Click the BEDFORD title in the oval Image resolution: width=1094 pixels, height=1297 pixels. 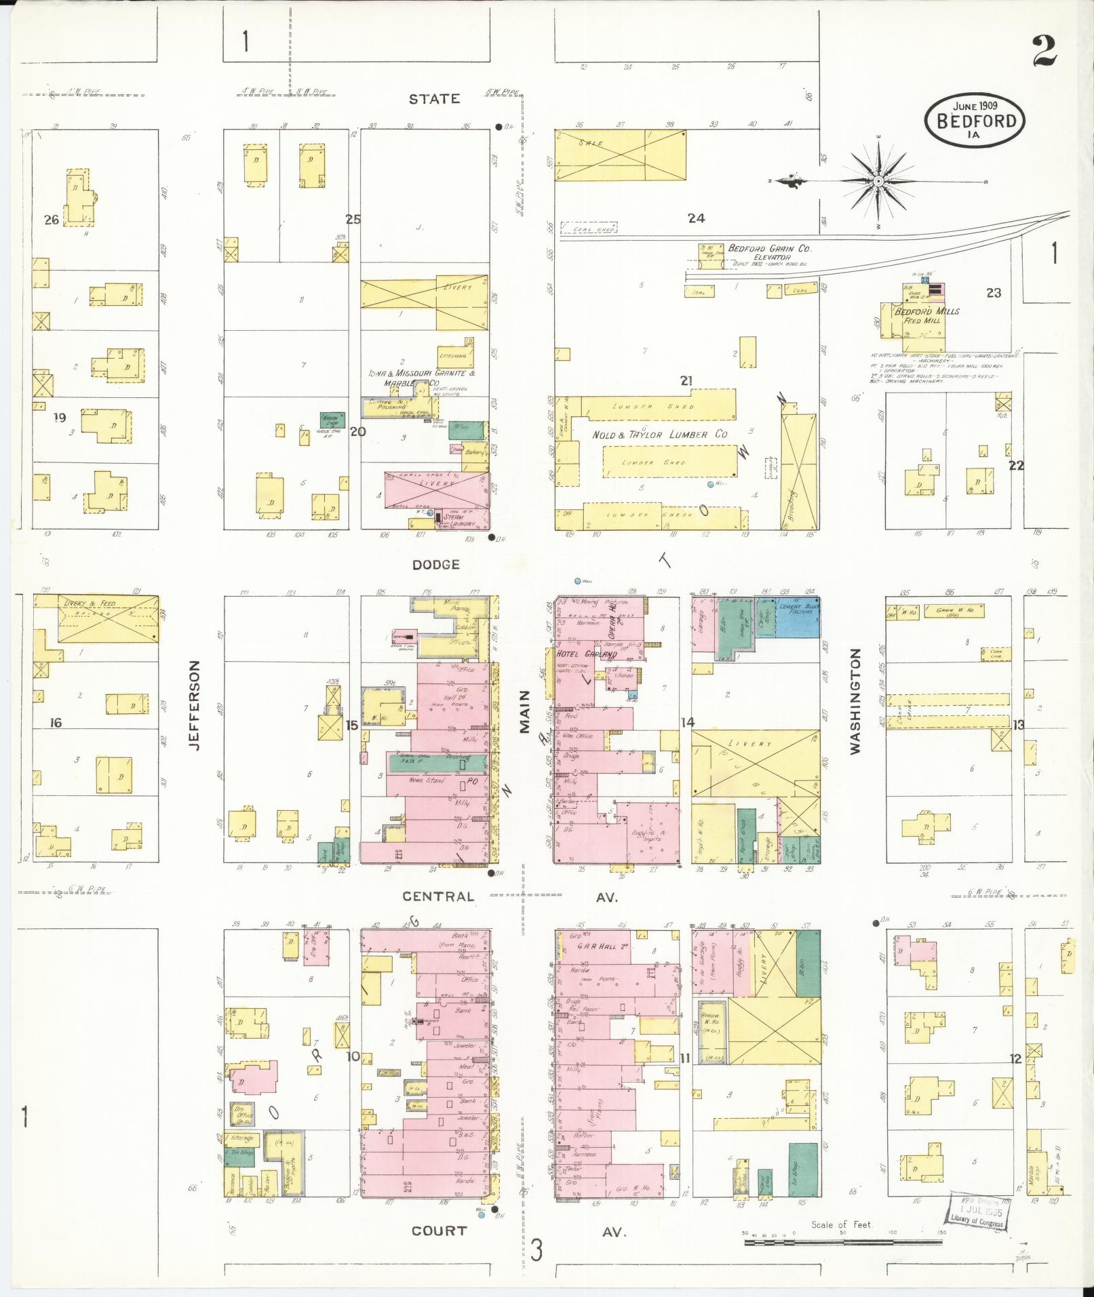pos(977,121)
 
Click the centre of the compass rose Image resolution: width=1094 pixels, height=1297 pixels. pos(878,181)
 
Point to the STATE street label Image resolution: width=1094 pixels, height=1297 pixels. pos(434,99)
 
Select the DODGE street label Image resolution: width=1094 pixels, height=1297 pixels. pos(435,564)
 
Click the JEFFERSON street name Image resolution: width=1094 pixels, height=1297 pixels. pos(195,705)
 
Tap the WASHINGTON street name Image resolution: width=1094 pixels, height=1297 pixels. pos(855,701)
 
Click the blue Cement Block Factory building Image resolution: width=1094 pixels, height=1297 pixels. pos(798,617)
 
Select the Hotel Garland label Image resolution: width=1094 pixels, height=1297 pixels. pos(587,654)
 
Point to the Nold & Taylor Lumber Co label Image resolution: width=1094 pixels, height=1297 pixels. pos(659,435)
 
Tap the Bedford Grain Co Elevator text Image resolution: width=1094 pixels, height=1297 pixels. pos(770,252)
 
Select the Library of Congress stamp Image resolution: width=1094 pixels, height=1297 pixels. pos(978,1211)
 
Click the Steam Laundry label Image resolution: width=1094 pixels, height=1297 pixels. pos(453,520)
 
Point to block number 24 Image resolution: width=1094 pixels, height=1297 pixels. pos(696,218)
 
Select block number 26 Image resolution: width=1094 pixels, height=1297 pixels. pos(51,219)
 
